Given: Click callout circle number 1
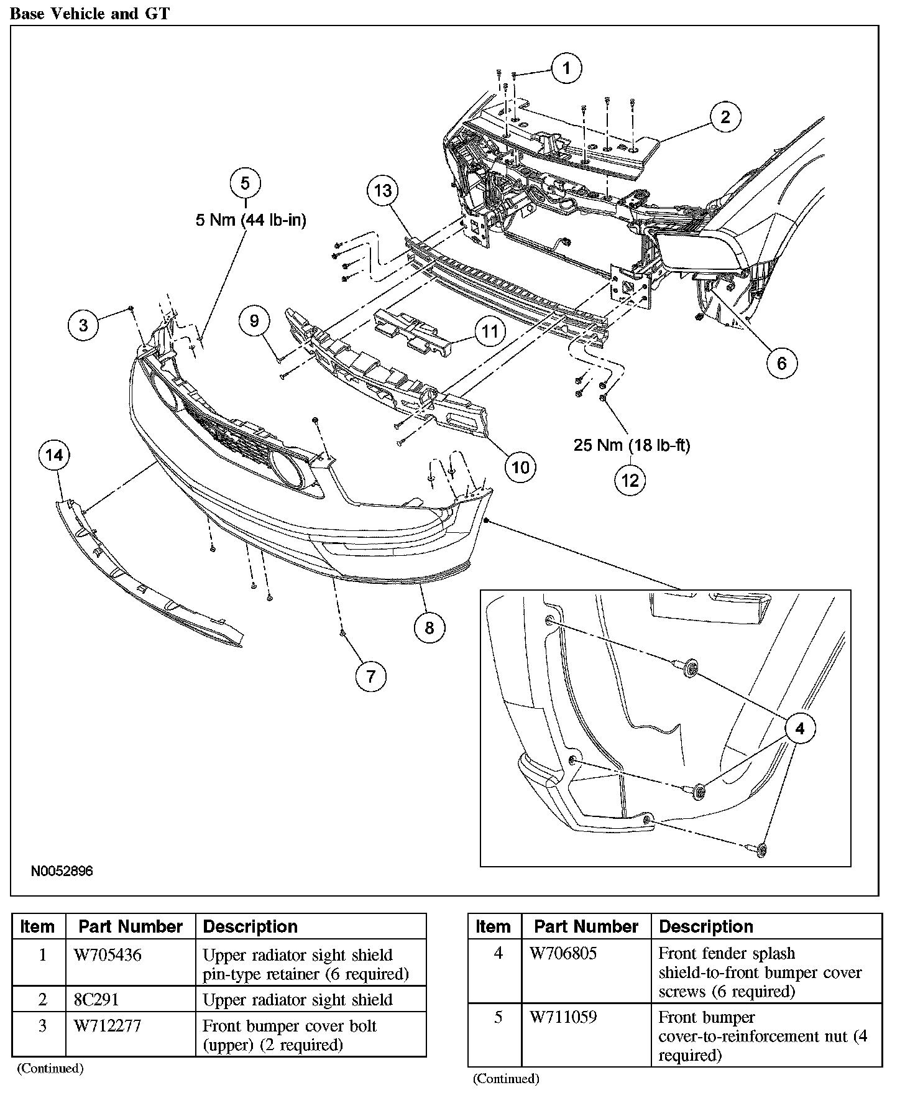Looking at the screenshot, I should [565, 68].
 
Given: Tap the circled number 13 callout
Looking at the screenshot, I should [383, 190].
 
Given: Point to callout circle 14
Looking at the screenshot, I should [54, 456].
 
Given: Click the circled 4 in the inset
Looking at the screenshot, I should [799, 728].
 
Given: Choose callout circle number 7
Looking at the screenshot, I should [371, 676].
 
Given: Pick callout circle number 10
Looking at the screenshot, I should [520, 466].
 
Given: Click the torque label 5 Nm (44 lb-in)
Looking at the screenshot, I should [251, 220].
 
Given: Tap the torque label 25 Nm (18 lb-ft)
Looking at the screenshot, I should [632, 445].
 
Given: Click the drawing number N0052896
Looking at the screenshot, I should [62, 871].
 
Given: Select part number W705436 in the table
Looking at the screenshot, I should [108, 955].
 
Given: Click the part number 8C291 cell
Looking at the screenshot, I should [96, 1000].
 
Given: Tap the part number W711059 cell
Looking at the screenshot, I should [563, 1017].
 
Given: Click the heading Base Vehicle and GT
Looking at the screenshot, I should [90, 14].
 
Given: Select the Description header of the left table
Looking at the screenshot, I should [250, 926].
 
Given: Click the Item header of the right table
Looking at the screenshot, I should [493, 926].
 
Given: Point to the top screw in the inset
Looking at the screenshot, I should [691, 668].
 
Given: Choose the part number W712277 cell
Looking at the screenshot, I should [108, 1026].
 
